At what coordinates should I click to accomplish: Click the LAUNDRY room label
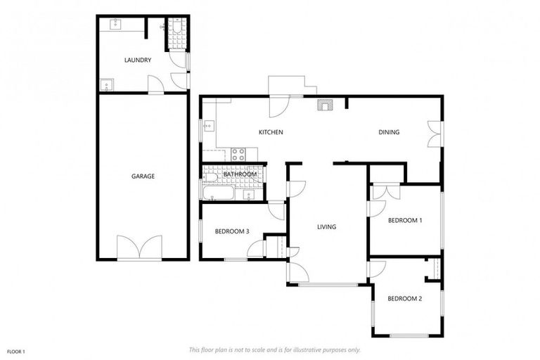[138, 60]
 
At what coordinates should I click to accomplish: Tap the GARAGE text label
[143, 176]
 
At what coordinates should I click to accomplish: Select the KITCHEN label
[271, 132]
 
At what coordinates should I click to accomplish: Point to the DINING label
[389, 132]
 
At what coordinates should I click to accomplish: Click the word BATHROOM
[240, 174]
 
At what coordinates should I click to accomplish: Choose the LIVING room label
[326, 227]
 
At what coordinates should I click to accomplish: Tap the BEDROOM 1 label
[405, 220]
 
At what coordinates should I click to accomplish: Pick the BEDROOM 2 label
[405, 299]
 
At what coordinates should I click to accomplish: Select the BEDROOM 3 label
[231, 231]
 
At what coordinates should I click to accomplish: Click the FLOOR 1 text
[16, 351]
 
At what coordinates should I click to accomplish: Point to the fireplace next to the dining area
[324, 105]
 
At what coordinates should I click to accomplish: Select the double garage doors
[143, 248]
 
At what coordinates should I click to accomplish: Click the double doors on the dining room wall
[435, 134]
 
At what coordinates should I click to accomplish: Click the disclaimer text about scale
[274, 349]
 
